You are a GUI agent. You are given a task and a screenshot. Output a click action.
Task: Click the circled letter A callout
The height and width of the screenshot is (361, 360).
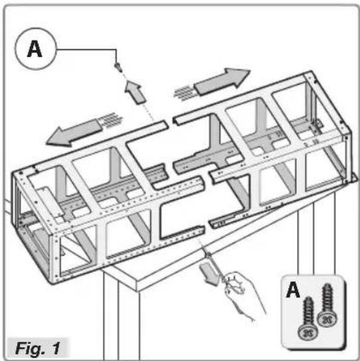coord(36,49)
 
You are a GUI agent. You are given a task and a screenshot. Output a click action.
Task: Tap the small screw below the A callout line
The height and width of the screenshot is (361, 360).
coord(118,67)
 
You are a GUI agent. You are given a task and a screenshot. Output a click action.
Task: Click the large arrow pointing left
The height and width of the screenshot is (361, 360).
coord(74,132)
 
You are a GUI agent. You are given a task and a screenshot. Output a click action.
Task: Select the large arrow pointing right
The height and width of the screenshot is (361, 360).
coord(222,81)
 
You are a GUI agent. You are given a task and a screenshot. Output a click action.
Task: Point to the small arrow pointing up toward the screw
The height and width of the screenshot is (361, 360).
coord(135,92)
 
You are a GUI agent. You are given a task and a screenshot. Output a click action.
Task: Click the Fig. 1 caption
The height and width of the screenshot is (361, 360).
coord(38,348)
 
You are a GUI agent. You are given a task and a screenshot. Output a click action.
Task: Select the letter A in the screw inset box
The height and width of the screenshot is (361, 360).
coord(293,290)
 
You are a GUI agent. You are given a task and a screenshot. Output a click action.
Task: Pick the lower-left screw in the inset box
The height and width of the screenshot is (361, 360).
coord(308,319)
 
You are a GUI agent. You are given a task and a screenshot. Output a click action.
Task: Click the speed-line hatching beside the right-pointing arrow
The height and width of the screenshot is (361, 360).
coord(185,94)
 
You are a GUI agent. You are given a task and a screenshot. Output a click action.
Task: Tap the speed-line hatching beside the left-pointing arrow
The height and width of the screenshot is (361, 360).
coord(110,120)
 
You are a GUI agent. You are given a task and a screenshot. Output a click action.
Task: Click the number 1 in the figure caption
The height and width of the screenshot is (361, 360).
coord(56,348)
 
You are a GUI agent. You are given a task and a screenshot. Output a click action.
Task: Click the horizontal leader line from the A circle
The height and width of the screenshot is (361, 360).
coord(86,49)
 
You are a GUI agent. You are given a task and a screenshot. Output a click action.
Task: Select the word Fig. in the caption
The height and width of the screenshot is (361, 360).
coord(30,348)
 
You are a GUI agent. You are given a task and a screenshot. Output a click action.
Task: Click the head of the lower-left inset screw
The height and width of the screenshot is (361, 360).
coord(308,332)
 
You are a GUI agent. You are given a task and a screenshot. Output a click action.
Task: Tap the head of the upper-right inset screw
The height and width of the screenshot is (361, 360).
coord(327,319)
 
